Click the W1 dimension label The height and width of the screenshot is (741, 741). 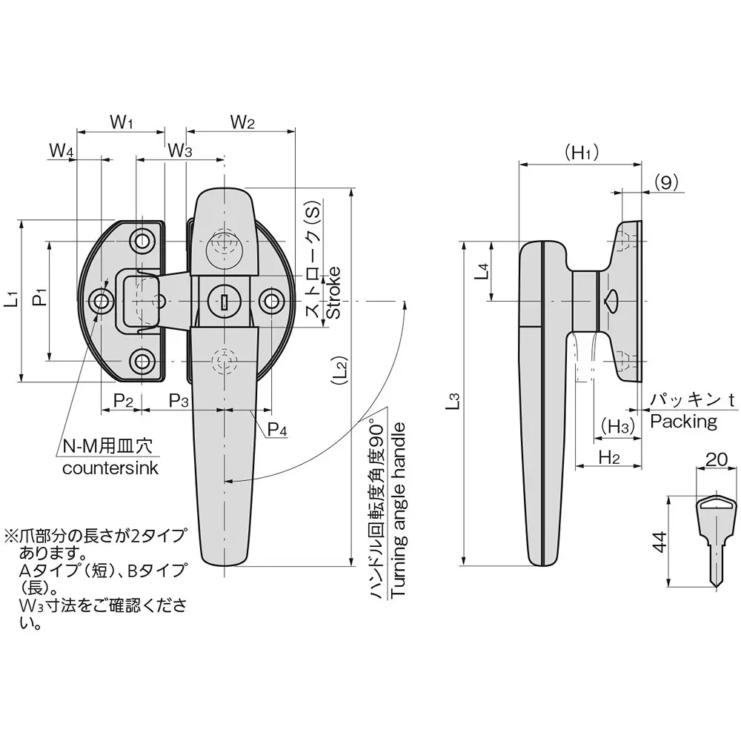click(121, 122)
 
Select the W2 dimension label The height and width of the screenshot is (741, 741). click(242, 122)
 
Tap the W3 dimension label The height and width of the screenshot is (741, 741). click(179, 150)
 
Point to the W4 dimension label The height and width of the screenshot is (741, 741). click(62, 150)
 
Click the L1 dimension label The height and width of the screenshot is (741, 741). click(10, 300)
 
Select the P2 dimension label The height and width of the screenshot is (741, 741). click(123, 401)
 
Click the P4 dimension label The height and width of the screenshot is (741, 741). click(277, 428)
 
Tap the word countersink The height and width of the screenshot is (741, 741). click(110, 468)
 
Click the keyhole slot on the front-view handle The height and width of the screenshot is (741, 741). click(223, 300)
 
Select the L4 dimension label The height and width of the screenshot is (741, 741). click(482, 271)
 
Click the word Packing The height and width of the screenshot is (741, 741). click(683, 422)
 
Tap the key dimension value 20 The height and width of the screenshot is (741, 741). click(716, 459)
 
